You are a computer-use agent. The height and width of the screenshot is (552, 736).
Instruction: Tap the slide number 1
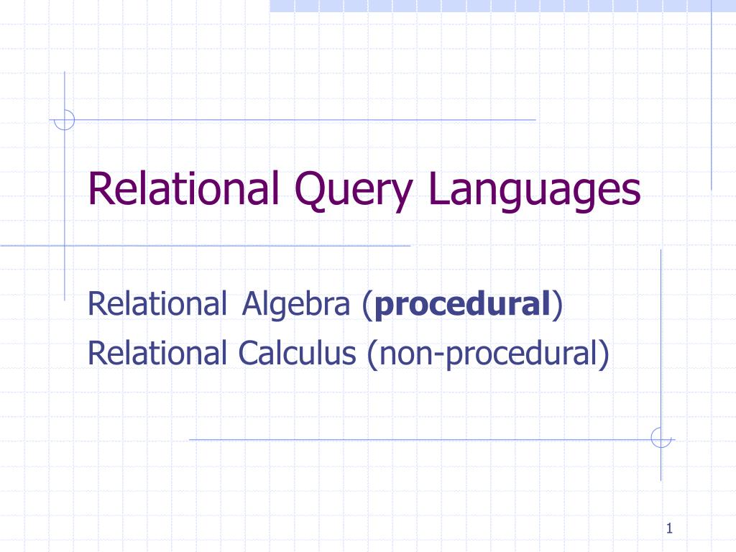click(x=668, y=530)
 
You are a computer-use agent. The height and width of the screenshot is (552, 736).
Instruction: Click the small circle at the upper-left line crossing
click(x=65, y=119)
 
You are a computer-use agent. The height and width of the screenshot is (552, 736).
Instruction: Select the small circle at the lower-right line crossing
click(x=661, y=438)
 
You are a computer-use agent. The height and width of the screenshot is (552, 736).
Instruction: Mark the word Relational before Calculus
click(x=156, y=353)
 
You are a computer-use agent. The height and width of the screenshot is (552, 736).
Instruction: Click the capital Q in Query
click(x=316, y=190)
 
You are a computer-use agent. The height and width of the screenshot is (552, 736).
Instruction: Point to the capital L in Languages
click(x=436, y=188)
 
